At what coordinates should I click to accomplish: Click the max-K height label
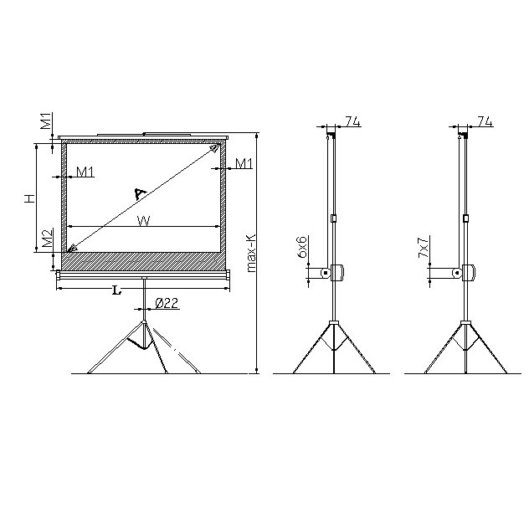pos(252,253)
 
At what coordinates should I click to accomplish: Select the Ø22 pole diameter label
pos(167,303)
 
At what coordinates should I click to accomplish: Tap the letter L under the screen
pos(116,290)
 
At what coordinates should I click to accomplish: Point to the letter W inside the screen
pos(143,221)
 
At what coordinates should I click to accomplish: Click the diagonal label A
pos(140,193)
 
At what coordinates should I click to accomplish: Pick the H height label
pos(29,198)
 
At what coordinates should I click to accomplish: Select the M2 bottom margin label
pos(47,239)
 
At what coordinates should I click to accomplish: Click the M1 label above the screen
pos(46,121)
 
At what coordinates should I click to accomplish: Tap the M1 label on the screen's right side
pos(244,163)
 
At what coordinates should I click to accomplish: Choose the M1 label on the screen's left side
pos(85,172)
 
